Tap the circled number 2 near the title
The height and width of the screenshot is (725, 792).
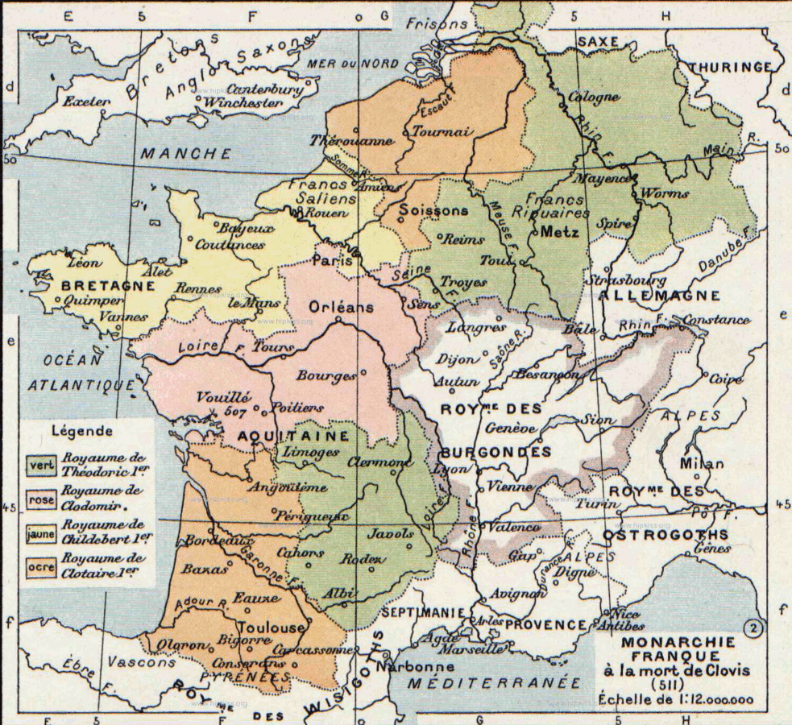[754, 628]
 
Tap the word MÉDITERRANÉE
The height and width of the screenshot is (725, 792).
[493, 682]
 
